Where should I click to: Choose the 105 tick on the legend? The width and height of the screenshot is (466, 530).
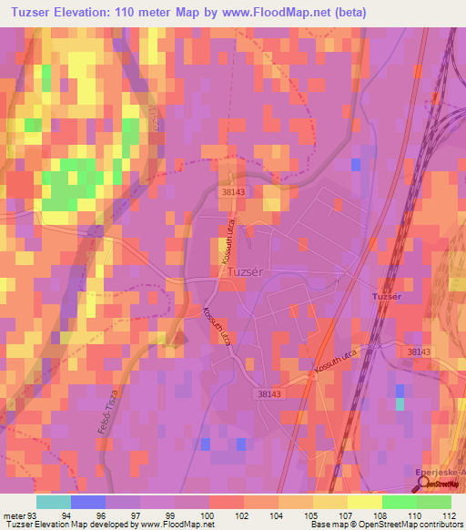(312, 515)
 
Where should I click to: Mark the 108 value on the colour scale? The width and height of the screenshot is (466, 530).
(381, 515)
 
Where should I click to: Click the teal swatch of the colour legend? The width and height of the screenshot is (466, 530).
(53, 502)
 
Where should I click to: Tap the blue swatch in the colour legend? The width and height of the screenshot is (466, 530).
(87, 502)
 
